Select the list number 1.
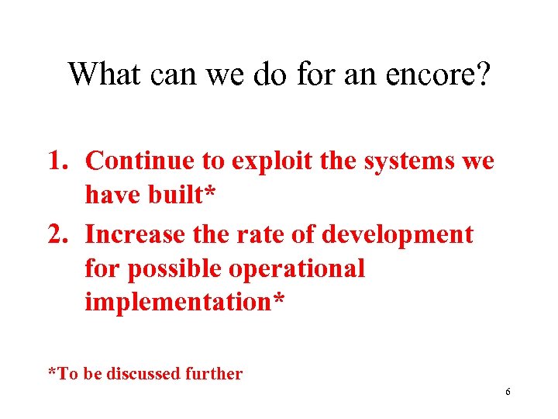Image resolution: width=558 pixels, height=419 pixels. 60,160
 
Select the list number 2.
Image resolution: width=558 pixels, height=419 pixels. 60,234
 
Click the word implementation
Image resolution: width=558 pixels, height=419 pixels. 179,302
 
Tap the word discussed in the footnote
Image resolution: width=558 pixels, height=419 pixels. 143,374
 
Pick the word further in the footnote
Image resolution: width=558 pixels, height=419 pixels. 214,374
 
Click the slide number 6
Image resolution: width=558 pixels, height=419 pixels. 508,392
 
